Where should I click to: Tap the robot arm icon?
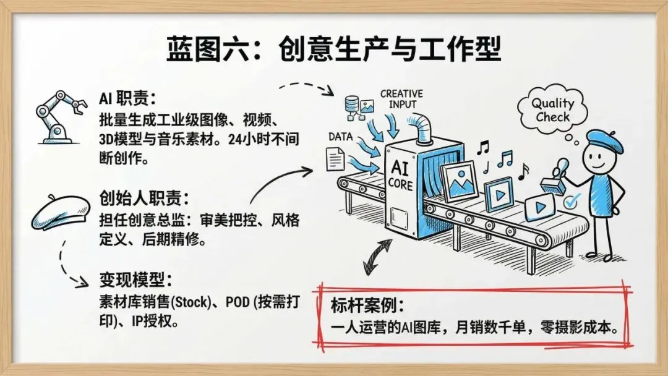58,115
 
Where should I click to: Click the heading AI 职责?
127,100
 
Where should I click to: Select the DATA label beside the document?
340,135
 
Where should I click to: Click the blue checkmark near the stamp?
573,200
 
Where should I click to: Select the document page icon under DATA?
335,160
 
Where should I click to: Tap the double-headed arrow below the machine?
377,256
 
